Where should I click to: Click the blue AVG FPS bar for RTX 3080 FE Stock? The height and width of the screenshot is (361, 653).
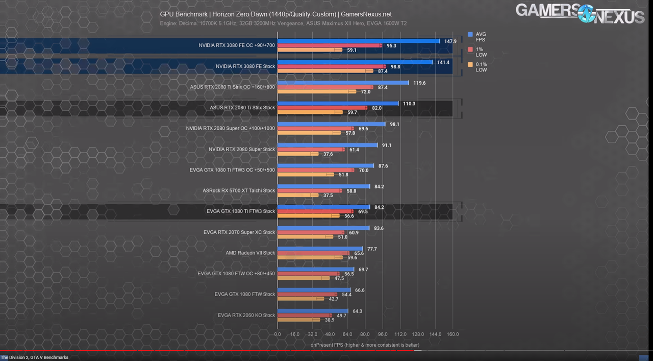point(355,62)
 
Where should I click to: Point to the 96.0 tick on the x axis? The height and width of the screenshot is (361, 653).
point(383,334)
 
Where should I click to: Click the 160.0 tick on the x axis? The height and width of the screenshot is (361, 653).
point(453,334)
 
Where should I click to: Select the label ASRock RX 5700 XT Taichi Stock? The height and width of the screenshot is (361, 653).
point(239,190)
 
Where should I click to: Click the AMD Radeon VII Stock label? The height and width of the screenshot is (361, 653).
point(250,253)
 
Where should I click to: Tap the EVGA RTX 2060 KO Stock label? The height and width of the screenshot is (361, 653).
point(246,315)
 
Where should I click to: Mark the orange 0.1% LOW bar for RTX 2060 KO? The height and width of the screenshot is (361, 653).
point(298,320)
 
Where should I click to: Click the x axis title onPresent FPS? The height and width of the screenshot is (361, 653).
point(365,345)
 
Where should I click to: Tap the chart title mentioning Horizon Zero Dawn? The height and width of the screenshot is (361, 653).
point(275,14)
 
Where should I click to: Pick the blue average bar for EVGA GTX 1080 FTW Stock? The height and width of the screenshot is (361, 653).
point(314,290)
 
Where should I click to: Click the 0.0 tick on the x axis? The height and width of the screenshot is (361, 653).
point(278,334)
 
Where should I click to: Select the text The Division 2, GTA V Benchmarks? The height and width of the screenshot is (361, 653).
point(35,357)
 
